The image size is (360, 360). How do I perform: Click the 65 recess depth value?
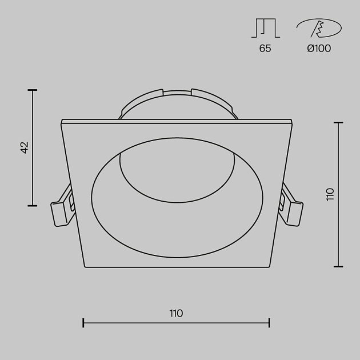click(x=265, y=48)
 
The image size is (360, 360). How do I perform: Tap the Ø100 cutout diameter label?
click(x=319, y=48)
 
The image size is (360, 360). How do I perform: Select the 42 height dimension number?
click(x=25, y=147)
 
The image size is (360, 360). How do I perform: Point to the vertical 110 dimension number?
click(x=330, y=194)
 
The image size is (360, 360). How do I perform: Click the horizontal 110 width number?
click(x=176, y=313)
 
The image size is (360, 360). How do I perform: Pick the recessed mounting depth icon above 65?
click(x=266, y=28)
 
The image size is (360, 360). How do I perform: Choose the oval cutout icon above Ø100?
click(x=319, y=28)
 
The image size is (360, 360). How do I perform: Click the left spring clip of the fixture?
click(x=62, y=207)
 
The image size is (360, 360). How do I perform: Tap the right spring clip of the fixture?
click(x=291, y=207)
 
